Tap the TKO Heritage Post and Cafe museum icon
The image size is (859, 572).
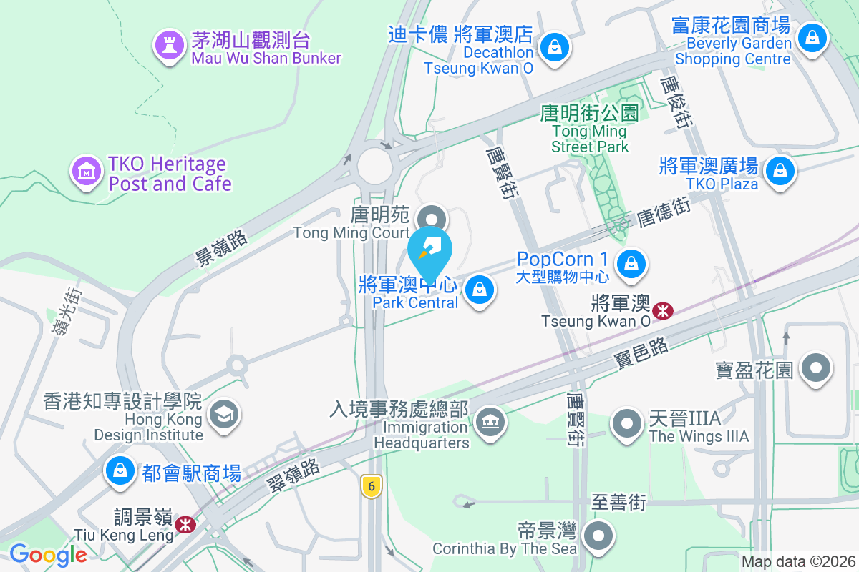pyautogui.click(x=87, y=172)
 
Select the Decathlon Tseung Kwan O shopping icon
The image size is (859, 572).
pyautogui.click(x=554, y=49)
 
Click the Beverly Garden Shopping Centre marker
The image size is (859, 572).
pyautogui.click(x=812, y=36)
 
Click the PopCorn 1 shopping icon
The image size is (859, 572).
pyautogui.click(x=631, y=264)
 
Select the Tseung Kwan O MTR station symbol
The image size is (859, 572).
pyautogui.click(x=664, y=310)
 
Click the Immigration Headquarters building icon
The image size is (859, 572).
pyautogui.click(x=490, y=421)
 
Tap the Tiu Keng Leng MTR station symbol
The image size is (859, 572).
pyautogui.click(x=185, y=525)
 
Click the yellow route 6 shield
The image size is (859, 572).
pyautogui.click(x=371, y=485)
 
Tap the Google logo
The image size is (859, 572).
pyautogui.click(x=48, y=554)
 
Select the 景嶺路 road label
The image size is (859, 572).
pyautogui.click(x=222, y=249)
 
